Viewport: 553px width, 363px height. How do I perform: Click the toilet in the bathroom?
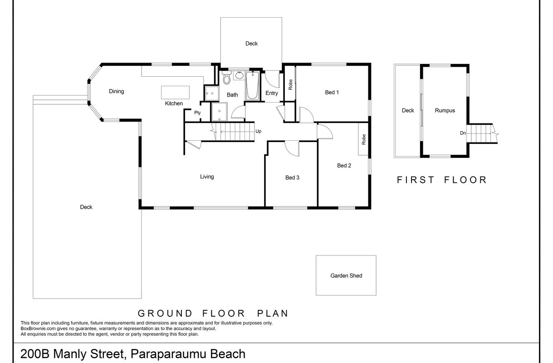tap(226, 78)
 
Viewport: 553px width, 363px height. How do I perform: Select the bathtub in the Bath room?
tap(252, 85)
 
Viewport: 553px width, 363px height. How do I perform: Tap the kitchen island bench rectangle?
tap(175, 93)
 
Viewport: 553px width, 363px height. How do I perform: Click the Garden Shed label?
tap(346, 275)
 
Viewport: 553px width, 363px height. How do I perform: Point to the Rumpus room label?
tap(445, 110)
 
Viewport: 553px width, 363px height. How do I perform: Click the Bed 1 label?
tap(332, 93)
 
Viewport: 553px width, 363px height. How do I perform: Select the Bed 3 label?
tap(292, 177)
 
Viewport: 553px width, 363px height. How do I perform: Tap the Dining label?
tap(117, 91)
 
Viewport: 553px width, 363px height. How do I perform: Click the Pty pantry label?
tap(197, 113)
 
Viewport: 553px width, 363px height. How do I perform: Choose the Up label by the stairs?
tap(258, 131)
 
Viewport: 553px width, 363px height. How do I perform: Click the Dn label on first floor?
tap(463, 133)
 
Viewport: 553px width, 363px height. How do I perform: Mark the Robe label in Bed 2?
tap(364, 139)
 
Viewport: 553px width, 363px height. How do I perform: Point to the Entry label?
tap(272, 93)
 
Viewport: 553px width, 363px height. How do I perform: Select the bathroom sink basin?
tap(239, 75)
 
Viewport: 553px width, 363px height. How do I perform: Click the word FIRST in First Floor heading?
tap(416, 180)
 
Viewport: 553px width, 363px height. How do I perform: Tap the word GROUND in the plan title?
tap(165, 314)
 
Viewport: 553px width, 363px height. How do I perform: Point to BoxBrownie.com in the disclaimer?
tap(38, 329)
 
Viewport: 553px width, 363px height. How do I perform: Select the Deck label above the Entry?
tap(251, 44)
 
